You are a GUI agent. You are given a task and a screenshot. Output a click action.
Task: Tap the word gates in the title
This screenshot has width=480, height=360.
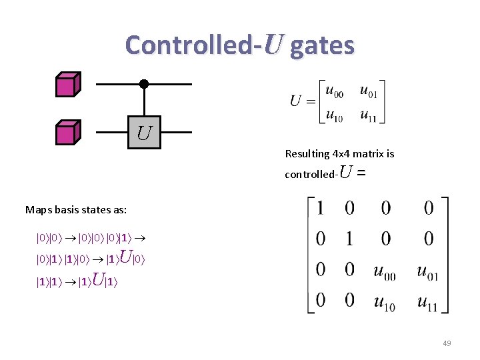[x=323, y=45]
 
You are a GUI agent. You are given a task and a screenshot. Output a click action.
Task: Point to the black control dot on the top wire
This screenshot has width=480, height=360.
[x=143, y=84]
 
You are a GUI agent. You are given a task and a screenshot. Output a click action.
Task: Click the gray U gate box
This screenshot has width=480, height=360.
[x=144, y=132]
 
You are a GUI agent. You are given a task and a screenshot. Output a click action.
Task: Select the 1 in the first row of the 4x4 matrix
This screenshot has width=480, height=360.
[x=321, y=209]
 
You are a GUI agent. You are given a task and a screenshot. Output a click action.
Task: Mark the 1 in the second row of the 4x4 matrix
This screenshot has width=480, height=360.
[x=349, y=239]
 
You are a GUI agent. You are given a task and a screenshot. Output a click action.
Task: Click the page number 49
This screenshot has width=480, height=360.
[x=447, y=343]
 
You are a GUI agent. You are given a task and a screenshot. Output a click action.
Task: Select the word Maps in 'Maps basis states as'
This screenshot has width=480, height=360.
[x=39, y=210]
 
